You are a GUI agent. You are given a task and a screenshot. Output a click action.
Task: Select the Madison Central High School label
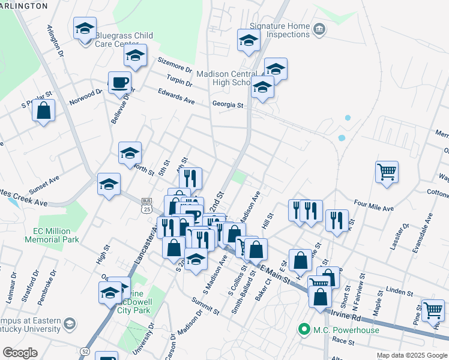pos(222,77)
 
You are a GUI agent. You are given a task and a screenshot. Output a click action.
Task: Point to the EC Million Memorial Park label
pos(52,235)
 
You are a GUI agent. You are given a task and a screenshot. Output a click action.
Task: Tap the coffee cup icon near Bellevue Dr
pos(120,82)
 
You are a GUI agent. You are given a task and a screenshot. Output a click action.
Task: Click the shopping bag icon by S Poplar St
pos(44,110)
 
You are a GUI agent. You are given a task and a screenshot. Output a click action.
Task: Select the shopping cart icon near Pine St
pos(433,310)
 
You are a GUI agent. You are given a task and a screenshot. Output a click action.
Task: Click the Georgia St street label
pos(228,104)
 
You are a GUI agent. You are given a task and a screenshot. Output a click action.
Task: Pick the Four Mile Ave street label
pos(373,205)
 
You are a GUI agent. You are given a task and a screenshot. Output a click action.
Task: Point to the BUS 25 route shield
pos(146,205)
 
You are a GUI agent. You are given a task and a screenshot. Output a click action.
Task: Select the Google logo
pos(20,353)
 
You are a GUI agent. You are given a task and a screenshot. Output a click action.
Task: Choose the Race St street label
pos(343,341)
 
